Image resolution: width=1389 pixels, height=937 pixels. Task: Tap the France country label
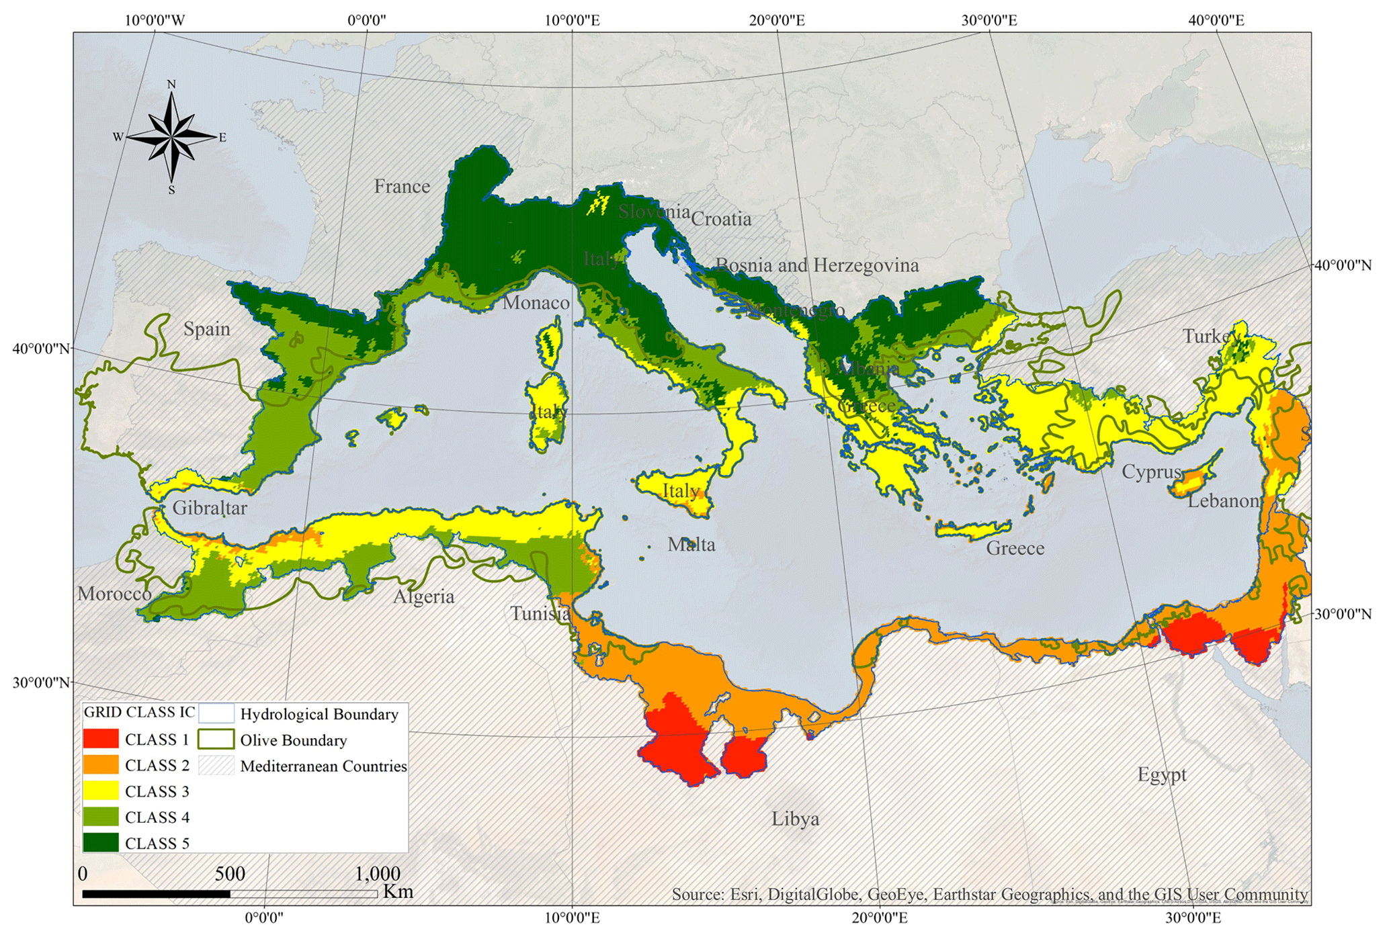click(402, 186)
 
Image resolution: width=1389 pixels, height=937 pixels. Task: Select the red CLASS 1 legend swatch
click(101, 739)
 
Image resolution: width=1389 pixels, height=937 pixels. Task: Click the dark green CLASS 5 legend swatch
click(101, 842)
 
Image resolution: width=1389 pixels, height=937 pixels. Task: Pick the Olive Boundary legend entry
click(293, 740)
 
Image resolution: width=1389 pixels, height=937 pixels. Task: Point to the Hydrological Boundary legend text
click(319, 714)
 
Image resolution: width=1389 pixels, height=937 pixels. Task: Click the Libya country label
click(795, 819)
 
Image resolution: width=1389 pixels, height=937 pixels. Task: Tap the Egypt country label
click(1162, 774)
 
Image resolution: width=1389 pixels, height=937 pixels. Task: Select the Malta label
click(691, 544)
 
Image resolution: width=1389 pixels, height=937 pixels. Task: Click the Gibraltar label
click(210, 508)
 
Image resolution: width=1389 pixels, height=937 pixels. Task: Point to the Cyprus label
click(1151, 472)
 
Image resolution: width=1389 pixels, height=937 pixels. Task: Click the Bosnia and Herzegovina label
click(816, 265)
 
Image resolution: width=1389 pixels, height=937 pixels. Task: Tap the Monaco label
click(536, 303)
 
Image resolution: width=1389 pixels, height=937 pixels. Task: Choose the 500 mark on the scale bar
click(230, 874)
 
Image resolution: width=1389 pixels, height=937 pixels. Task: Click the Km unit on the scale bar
click(398, 892)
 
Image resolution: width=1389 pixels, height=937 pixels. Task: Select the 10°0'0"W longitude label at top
click(155, 19)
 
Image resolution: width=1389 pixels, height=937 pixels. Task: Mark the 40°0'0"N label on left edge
click(41, 349)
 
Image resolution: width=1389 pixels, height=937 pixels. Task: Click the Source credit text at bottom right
click(989, 894)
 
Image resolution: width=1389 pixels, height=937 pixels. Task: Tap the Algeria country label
click(423, 596)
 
